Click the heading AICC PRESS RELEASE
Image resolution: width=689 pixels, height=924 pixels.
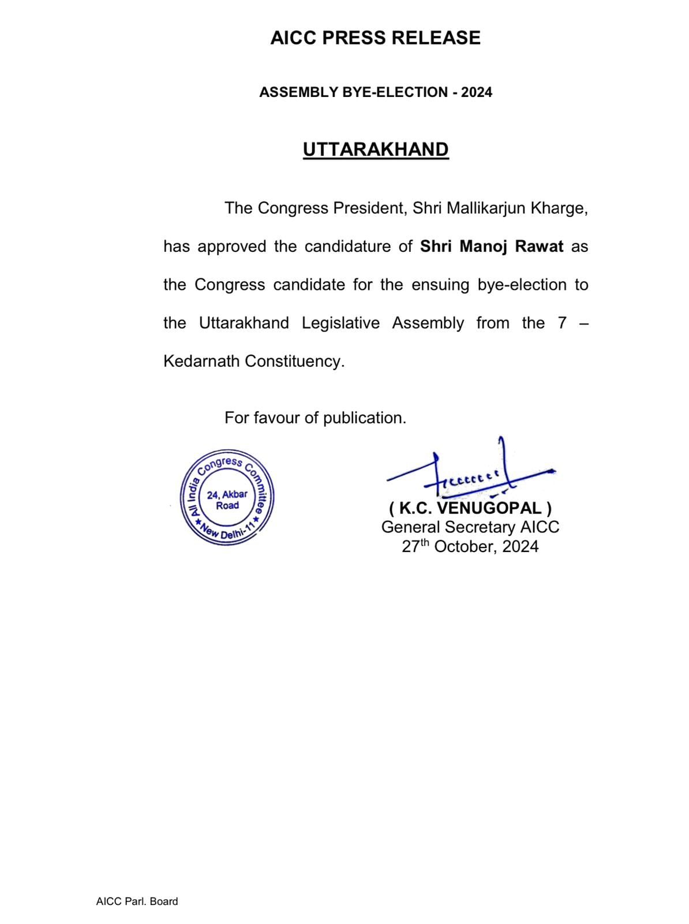coord(375,38)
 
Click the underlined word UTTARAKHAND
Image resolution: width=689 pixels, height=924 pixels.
coord(376,150)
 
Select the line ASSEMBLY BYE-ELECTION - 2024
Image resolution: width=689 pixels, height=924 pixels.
coord(376,92)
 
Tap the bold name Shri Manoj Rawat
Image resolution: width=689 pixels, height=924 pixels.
coord(492,247)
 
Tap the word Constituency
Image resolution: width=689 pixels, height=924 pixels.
coord(294,362)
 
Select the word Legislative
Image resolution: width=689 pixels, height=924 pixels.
coord(340,323)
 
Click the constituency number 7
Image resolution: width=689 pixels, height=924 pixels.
coord(562,323)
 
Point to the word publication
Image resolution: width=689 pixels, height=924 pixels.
coord(364,418)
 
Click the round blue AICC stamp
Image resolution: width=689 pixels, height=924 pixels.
coord(227,498)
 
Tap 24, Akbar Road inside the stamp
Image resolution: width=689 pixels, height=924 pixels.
coord(227,500)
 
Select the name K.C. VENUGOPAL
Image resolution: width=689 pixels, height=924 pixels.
coord(470,509)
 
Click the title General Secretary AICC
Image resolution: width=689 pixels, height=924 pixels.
coord(470,527)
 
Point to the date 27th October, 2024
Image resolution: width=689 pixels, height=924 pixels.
coord(470,547)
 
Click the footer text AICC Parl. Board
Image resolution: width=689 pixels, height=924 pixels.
coord(137,901)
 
